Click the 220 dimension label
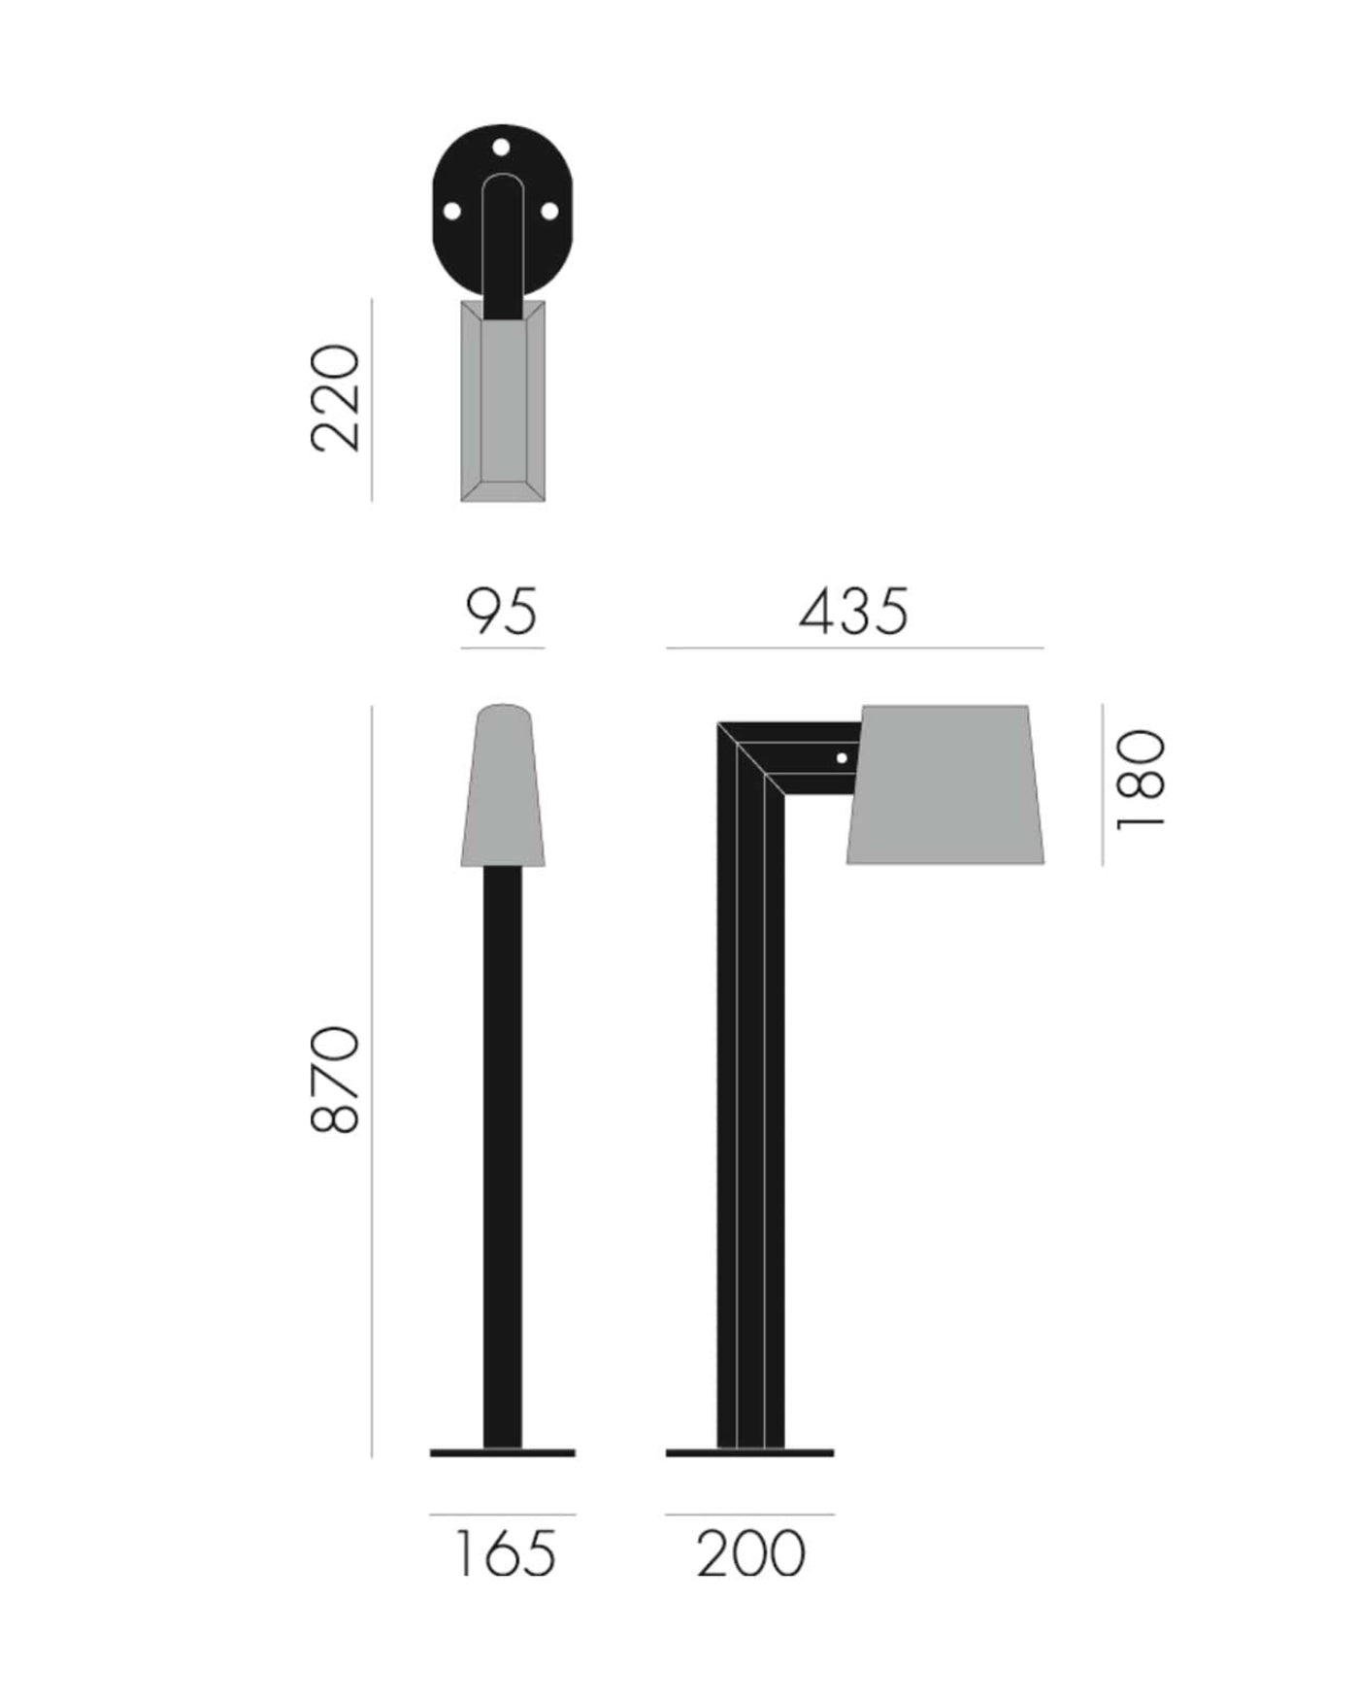coord(336,397)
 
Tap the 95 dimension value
coord(501,612)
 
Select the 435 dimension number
coord(854,612)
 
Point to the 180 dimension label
coord(1140,780)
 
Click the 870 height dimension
coord(336,1079)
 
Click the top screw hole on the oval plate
coord(502,148)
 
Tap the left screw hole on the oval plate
coord(451,210)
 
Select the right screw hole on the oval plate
coord(550,210)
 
